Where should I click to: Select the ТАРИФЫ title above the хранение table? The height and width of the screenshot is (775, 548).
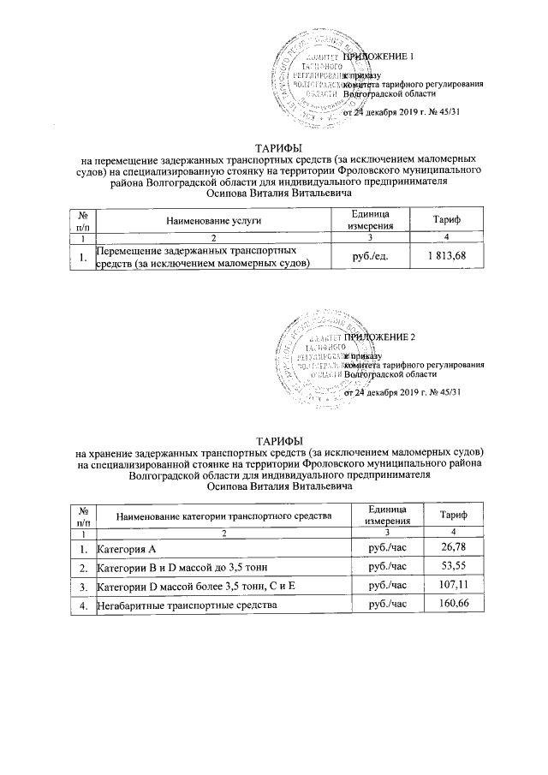click(273, 438)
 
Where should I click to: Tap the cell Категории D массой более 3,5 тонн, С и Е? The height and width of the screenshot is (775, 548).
click(196, 587)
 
